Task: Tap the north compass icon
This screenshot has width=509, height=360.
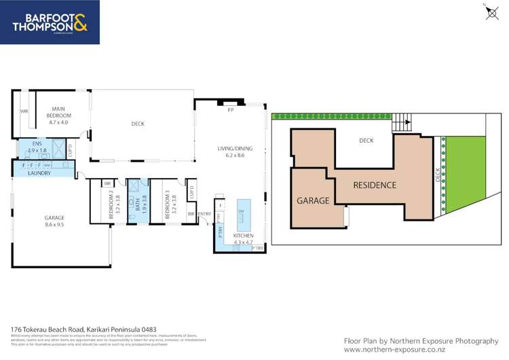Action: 491,12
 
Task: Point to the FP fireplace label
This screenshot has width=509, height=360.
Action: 231,109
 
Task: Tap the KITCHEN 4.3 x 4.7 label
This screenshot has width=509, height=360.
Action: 243,238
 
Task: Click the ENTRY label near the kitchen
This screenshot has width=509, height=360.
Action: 204,214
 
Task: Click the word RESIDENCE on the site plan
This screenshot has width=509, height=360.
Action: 374,185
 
